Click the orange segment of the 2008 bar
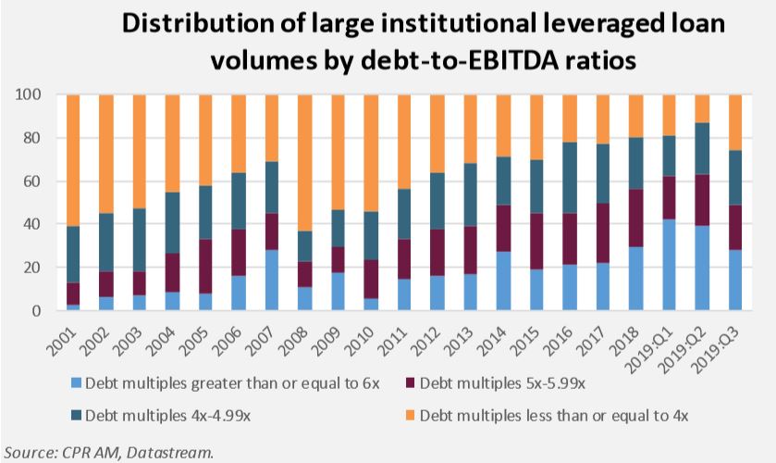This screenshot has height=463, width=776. (x=305, y=163)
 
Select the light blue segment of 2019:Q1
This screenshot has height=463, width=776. (x=669, y=265)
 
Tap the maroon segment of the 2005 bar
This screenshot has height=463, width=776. (x=205, y=267)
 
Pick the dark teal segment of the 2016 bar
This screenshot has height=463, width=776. (x=570, y=178)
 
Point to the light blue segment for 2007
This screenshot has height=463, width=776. (x=272, y=280)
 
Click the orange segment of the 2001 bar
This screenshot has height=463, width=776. (x=73, y=160)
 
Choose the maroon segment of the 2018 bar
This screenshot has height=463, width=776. (x=636, y=219)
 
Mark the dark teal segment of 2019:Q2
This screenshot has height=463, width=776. (x=702, y=149)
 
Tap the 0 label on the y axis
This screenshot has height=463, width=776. (x=37, y=311)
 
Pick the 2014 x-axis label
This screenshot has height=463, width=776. (x=492, y=342)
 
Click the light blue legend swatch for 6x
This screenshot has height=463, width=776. (x=76, y=383)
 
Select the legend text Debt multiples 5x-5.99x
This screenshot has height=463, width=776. (x=502, y=383)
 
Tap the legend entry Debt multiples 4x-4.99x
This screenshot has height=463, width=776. (x=161, y=415)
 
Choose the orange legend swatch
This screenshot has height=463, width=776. (x=410, y=415)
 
